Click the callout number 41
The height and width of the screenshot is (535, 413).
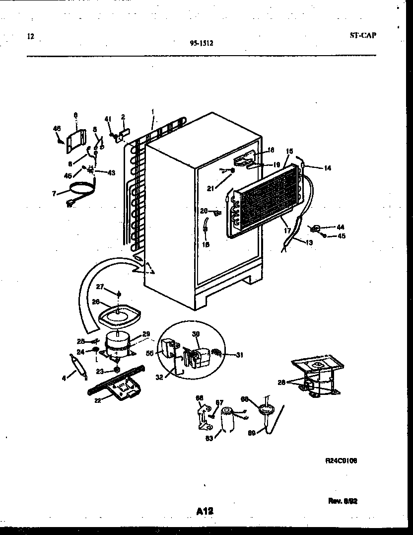(x=107, y=119)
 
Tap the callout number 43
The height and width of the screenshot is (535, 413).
(x=111, y=172)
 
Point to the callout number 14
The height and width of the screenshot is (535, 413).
(x=327, y=168)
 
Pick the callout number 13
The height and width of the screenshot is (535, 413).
(x=309, y=243)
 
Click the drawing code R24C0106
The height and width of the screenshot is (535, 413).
(x=341, y=460)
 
